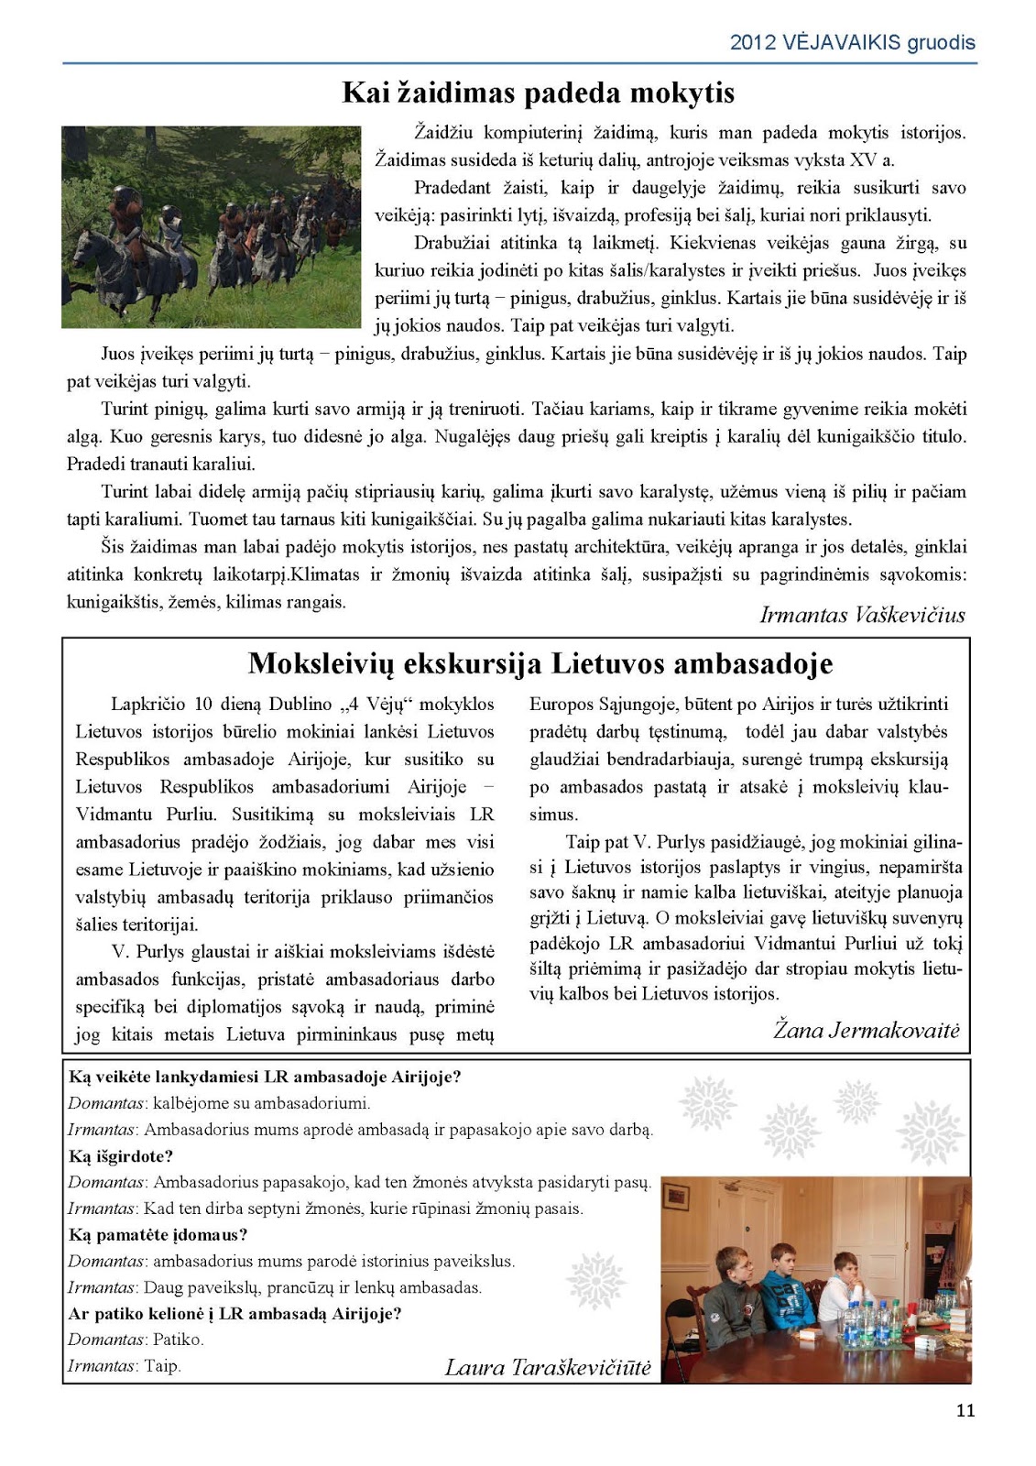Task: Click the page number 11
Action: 965,1410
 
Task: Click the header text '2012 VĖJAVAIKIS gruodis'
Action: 852,42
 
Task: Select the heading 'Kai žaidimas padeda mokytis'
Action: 538,93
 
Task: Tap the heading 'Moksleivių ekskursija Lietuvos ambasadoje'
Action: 540,662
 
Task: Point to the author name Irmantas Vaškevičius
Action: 862,615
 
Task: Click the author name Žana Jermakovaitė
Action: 867,1030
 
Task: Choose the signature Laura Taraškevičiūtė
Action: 548,1368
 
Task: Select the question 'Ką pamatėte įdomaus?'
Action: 158,1235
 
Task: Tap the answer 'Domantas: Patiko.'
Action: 136,1340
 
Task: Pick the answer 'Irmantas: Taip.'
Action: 125,1366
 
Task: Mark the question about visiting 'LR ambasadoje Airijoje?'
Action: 265,1077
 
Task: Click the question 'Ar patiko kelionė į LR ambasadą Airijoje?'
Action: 234,1314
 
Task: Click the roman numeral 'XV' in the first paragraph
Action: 863,159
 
